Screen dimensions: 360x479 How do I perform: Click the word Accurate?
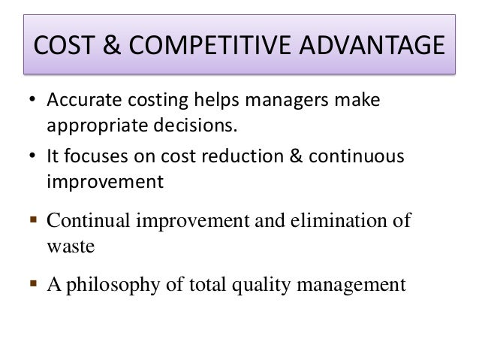[79, 101]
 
